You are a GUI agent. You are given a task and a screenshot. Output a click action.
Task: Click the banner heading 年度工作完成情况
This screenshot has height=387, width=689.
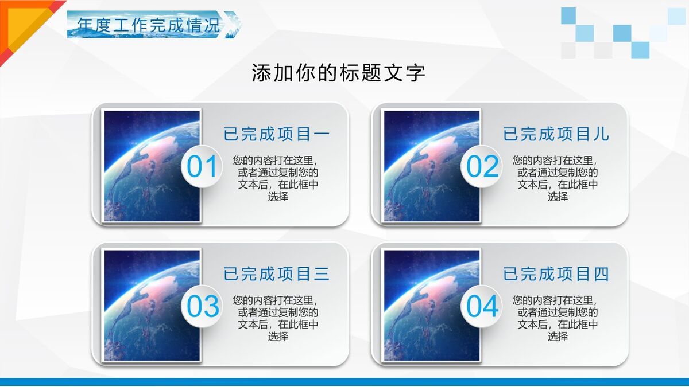click(x=149, y=25)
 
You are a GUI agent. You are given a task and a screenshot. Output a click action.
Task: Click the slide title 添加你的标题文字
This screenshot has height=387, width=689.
click(x=338, y=73)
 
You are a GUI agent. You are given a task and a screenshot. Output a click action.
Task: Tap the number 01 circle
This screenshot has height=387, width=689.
click(x=202, y=167)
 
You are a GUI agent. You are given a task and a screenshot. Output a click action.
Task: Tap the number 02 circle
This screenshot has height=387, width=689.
click(x=482, y=167)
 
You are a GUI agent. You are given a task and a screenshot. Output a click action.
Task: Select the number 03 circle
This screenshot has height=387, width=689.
click(x=202, y=307)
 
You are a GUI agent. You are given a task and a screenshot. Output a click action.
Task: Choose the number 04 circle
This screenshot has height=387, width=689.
click(x=482, y=307)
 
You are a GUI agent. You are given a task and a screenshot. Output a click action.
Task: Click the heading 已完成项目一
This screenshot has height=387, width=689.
click(x=277, y=134)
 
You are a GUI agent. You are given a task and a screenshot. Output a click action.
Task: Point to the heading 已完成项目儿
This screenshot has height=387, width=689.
click(x=556, y=134)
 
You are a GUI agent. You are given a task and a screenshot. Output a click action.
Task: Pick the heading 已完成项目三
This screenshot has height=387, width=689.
click(x=277, y=274)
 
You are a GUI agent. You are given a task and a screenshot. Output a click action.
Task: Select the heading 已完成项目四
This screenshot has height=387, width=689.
click(x=556, y=274)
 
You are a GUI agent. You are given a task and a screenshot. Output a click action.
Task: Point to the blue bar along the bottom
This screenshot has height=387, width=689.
click(x=344, y=381)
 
